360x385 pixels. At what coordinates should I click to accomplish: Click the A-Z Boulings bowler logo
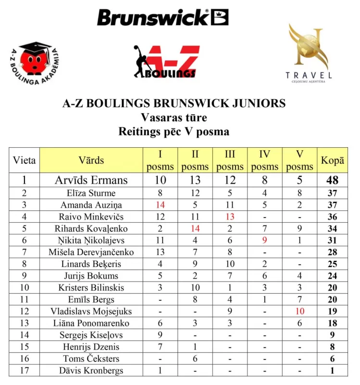coord(166,62)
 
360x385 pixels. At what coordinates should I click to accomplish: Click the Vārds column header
coord(91,160)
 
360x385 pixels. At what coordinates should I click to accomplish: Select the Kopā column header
coord(332,160)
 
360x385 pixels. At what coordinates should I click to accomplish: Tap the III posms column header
coord(229,160)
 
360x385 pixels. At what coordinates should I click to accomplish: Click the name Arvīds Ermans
coord(91,180)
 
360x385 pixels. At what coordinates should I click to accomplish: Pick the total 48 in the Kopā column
coord(332,180)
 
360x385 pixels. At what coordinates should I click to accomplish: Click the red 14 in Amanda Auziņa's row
coord(160,205)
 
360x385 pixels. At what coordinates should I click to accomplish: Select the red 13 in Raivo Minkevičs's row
coord(229,217)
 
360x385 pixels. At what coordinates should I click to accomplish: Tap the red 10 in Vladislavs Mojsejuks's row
coord(299,311)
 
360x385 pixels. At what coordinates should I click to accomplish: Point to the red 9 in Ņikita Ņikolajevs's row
coord(264,241)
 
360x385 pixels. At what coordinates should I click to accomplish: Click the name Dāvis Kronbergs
coord(91,371)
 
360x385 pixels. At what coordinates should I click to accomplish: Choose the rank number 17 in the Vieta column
coord(24,371)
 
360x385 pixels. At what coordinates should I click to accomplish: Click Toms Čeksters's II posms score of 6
coord(195,359)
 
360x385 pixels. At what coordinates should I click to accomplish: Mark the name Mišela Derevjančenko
coord(91,252)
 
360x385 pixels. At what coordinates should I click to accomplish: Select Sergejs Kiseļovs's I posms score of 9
coord(160,335)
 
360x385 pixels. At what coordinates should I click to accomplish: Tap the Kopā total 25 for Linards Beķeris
coord(332,264)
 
